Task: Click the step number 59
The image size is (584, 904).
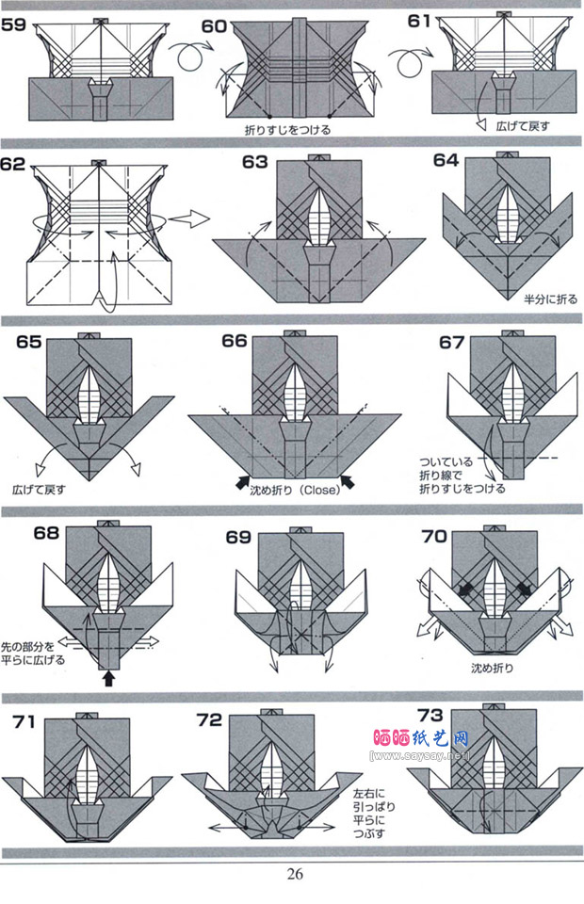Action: click(x=14, y=25)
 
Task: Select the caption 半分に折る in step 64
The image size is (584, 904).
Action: click(x=551, y=299)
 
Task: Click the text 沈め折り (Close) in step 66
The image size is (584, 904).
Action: click(x=294, y=490)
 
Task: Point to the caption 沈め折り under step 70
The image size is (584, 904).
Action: click(x=495, y=669)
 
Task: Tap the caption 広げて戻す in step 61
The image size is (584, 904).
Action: click(x=525, y=125)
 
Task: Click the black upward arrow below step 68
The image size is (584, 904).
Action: click(x=108, y=675)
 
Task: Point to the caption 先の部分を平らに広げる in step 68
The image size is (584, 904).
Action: click(x=34, y=653)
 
